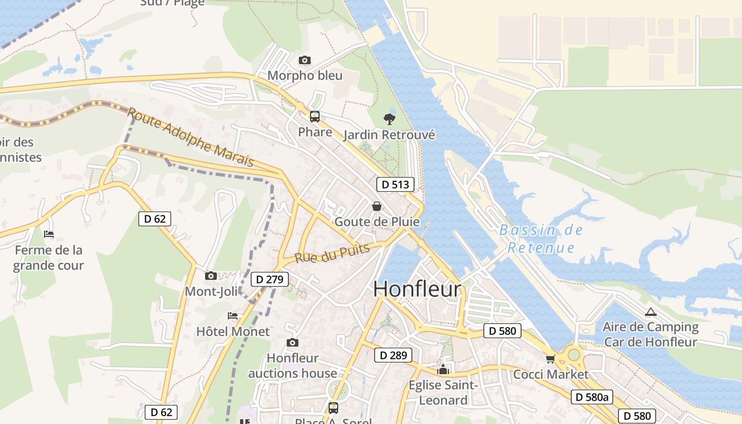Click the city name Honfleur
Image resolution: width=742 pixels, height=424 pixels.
[x=417, y=289]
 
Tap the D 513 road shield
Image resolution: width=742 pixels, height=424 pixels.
[x=395, y=184]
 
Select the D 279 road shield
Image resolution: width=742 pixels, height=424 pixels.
[x=270, y=279]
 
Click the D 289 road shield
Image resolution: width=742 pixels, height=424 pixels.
[x=393, y=355]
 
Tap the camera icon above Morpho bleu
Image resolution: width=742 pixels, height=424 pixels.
[x=304, y=60]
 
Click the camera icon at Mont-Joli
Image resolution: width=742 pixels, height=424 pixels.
[x=211, y=276]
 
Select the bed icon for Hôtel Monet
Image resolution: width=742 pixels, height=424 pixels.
[x=233, y=316]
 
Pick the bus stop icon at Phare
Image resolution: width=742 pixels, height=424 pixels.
[x=315, y=117]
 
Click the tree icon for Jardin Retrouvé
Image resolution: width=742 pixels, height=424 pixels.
[x=390, y=119]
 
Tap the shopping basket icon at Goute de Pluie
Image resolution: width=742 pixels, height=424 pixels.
[x=377, y=206]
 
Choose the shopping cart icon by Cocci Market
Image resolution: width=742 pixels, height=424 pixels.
[x=551, y=359]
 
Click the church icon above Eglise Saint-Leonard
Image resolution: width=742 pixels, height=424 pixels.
[x=443, y=369]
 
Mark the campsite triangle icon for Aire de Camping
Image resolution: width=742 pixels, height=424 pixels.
[x=651, y=312]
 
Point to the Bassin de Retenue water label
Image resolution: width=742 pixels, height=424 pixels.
[x=541, y=239]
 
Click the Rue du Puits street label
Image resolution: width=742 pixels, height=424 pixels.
[x=332, y=254]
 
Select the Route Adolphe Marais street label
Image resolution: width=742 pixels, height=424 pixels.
[x=190, y=137]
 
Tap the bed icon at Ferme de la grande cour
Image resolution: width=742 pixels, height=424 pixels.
[x=49, y=234]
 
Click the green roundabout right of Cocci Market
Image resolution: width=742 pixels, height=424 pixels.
[x=574, y=354]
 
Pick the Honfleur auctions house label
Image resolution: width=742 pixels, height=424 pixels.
[x=293, y=366]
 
